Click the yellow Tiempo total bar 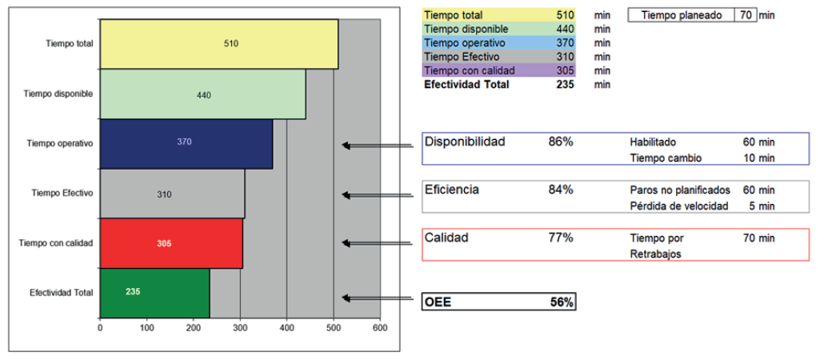tap(218, 44)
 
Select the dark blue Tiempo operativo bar tap(186, 144)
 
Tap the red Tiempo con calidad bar tap(171, 243)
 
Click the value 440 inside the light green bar tap(203, 95)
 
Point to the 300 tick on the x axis tap(240, 328)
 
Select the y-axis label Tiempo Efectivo tap(62, 193)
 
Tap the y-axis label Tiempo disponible tap(58, 94)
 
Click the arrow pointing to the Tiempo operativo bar tap(380, 146)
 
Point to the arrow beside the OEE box tap(380, 298)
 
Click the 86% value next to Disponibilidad tap(561, 142)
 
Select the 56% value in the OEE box tap(561, 302)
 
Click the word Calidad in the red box tap(446, 238)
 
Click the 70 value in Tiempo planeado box tap(744, 15)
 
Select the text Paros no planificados tap(680, 190)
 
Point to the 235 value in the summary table tap(565, 84)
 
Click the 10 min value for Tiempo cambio tap(758, 158)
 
